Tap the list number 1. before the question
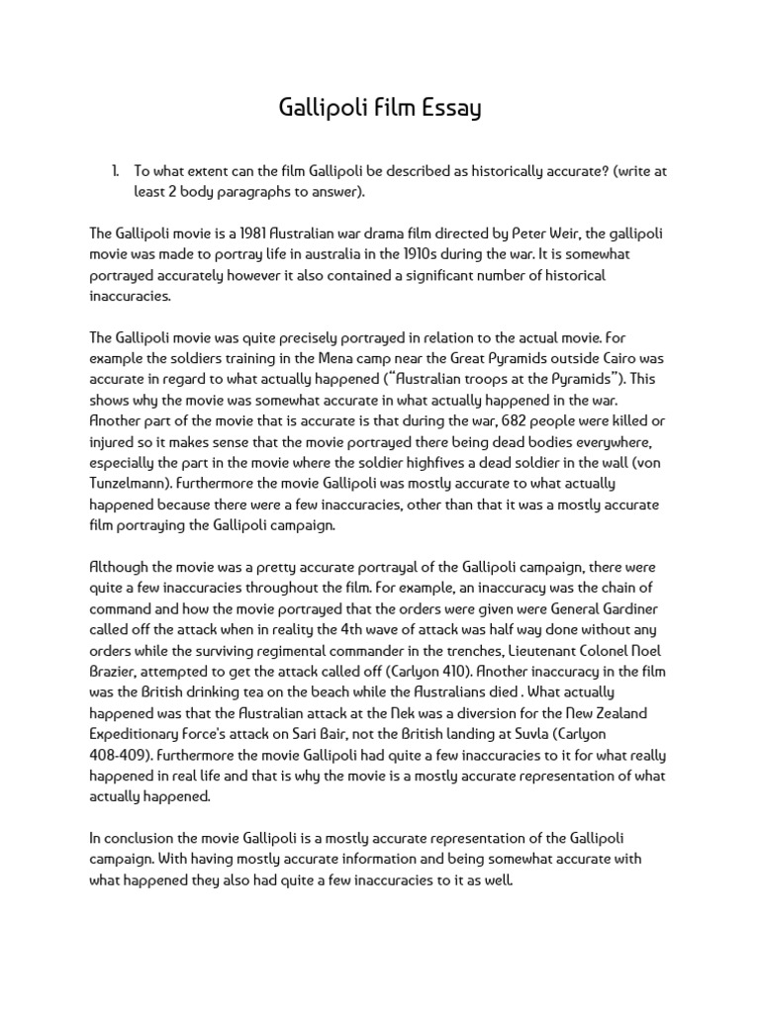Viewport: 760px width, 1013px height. point(116,171)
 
